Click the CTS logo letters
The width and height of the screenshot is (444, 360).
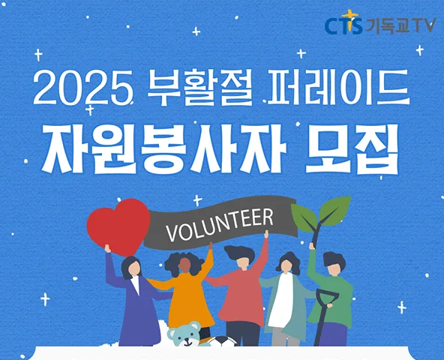343,26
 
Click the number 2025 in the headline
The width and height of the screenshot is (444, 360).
83,88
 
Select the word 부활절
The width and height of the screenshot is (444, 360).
199,87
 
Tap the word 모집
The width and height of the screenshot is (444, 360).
352,149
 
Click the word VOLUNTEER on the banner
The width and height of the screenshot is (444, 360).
220,225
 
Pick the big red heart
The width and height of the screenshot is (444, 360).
118,227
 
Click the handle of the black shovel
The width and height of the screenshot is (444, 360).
327,296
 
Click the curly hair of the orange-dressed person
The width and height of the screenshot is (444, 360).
184,262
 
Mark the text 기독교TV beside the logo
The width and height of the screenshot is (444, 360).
400,26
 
